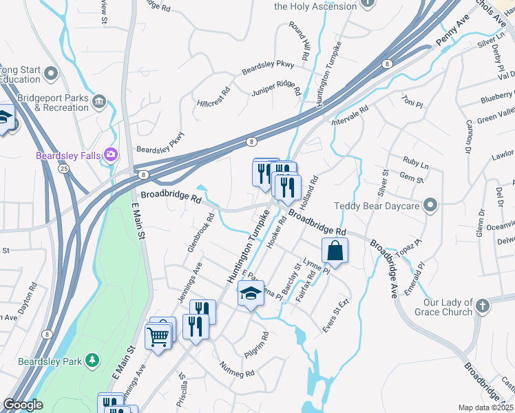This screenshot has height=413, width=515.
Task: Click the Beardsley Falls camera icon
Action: tap(110, 156)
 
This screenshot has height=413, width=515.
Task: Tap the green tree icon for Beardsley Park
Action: tap(92, 361)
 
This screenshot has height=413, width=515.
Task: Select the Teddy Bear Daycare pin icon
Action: tap(430, 206)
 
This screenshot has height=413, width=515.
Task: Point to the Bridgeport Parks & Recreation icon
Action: tap(99, 103)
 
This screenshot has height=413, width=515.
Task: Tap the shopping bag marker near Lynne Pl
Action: tap(335, 253)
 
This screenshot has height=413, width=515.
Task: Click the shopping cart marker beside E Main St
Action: tap(158, 337)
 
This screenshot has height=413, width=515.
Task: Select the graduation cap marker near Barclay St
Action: tap(251, 294)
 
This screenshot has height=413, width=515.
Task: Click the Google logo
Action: tap(23, 405)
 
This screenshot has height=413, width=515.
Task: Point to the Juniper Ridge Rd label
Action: tap(277, 88)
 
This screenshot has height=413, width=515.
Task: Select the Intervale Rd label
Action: tap(350, 116)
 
